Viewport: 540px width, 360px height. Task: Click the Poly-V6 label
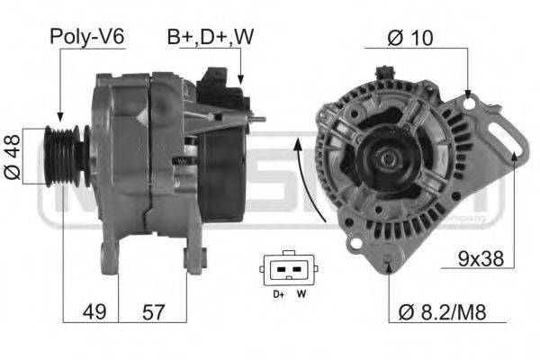click(86, 37)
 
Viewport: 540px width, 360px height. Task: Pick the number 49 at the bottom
click(94, 312)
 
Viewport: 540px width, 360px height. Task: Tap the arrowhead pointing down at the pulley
click(58, 116)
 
